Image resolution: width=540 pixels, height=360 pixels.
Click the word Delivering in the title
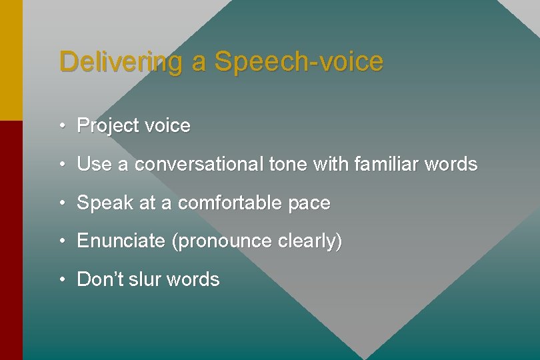pos(121,62)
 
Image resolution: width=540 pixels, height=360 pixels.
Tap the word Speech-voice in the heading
pos(299,62)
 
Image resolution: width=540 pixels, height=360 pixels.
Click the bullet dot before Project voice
pos(61,125)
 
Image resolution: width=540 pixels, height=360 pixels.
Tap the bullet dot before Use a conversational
pos(61,164)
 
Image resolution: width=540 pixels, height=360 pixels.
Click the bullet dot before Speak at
pos(61,203)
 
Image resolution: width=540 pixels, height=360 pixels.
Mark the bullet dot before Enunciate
pos(61,241)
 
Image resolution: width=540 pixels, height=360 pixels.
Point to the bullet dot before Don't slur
pos(61,279)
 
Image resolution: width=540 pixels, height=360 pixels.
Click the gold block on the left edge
pos(11,60)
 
